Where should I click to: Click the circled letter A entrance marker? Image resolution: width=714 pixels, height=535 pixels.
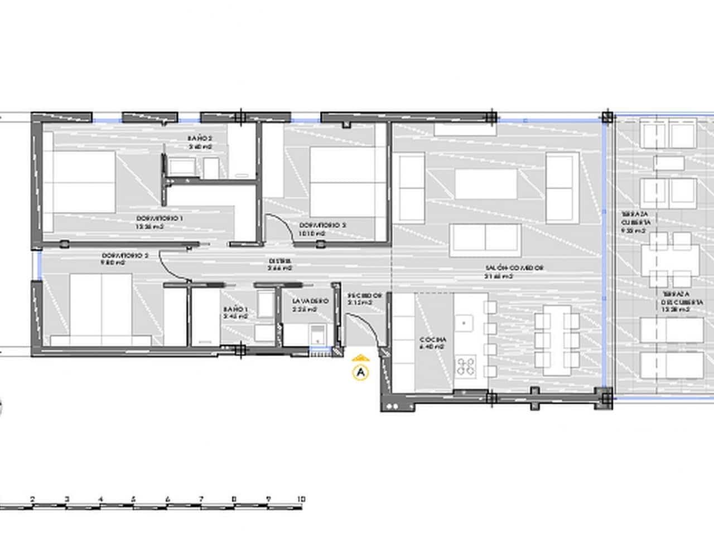pos(361,371)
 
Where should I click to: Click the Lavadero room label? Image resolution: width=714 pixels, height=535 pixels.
pos(310,301)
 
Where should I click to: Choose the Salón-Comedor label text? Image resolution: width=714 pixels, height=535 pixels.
pos(514,268)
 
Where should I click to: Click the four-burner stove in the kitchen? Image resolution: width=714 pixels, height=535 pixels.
pos(466,366)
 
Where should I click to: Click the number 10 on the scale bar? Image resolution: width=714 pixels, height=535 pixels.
pos(301,499)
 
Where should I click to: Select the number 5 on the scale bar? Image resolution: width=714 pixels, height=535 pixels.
pos(133,499)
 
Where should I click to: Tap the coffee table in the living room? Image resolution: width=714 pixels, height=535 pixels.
pos(486,183)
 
